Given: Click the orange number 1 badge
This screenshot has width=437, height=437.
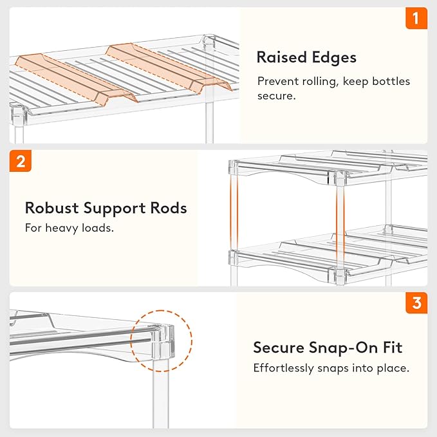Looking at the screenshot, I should pos(416,19).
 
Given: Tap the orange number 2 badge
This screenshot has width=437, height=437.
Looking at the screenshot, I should pos(20,161).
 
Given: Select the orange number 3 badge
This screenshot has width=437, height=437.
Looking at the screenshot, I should pos(416,302).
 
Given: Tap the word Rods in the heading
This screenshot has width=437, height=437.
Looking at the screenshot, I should pos(169,208).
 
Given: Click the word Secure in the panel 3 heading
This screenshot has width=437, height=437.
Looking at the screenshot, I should pos(278,348).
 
